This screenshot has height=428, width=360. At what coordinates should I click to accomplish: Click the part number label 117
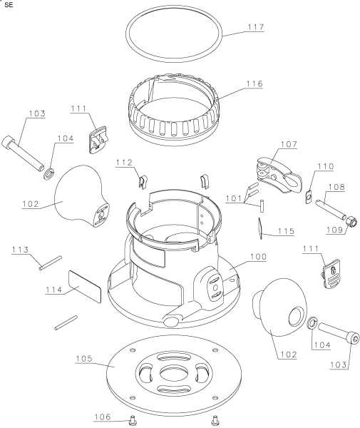click(x=255, y=27)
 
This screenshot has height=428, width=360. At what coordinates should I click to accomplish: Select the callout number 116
click(x=254, y=83)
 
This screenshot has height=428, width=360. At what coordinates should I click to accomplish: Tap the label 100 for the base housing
click(x=258, y=257)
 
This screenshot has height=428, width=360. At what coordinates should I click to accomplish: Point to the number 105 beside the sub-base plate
click(x=84, y=358)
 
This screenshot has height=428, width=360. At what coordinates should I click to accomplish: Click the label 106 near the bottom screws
click(x=103, y=417)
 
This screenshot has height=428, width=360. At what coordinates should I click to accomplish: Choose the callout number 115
click(x=286, y=231)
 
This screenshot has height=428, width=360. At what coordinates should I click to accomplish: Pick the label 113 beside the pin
click(x=20, y=250)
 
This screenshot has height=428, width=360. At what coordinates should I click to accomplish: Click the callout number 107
click(x=289, y=144)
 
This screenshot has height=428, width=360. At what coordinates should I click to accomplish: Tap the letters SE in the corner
click(x=9, y=5)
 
